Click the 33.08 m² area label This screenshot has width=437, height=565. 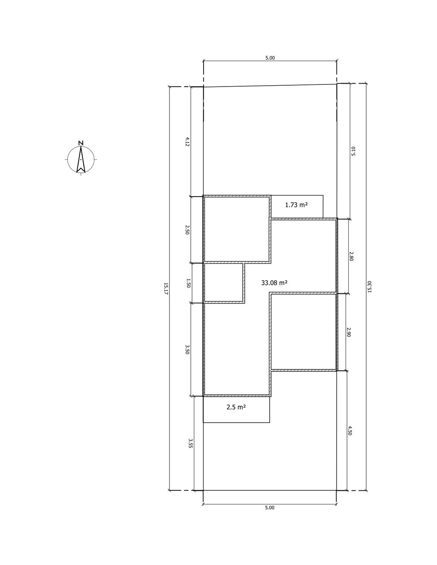274,283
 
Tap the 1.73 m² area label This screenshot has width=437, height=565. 296,205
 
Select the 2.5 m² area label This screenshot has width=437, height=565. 236,407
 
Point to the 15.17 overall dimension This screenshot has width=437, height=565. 166,289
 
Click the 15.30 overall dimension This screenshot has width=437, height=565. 370,287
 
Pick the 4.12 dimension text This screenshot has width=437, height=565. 187,142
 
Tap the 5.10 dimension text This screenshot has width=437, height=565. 353,151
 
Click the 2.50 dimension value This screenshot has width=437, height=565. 187,230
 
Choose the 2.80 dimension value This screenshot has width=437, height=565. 351,256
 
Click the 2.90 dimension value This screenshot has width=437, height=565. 349,332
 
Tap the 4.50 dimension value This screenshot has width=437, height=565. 350,431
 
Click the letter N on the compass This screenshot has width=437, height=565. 81,143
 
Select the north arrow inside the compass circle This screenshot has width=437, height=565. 81,159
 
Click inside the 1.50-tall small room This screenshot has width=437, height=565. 224,283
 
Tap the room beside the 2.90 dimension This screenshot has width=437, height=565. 303,332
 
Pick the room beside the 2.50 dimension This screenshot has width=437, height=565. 236,229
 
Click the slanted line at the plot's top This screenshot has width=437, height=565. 270,86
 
